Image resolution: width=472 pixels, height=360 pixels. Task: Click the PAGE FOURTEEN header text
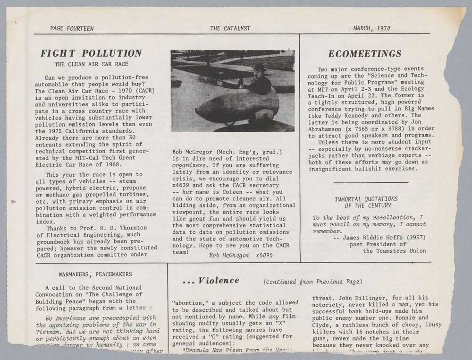click(x=72, y=28)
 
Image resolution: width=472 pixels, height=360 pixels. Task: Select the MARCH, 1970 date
click(x=371, y=28)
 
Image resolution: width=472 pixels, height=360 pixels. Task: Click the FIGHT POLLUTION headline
click(x=91, y=53)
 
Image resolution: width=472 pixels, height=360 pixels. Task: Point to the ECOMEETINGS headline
click(x=364, y=53)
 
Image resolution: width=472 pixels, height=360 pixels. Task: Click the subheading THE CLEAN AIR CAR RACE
click(x=91, y=64)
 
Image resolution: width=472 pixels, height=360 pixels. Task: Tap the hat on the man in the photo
click(x=259, y=67)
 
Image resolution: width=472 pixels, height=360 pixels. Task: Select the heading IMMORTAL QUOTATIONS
click(x=366, y=199)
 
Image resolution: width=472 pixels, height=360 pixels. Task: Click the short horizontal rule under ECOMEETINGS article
click(x=371, y=182)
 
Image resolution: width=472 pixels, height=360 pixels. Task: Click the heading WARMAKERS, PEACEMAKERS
click(x=95, y=274)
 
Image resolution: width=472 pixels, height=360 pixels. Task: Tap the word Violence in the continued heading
click(x=219, y=281)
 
